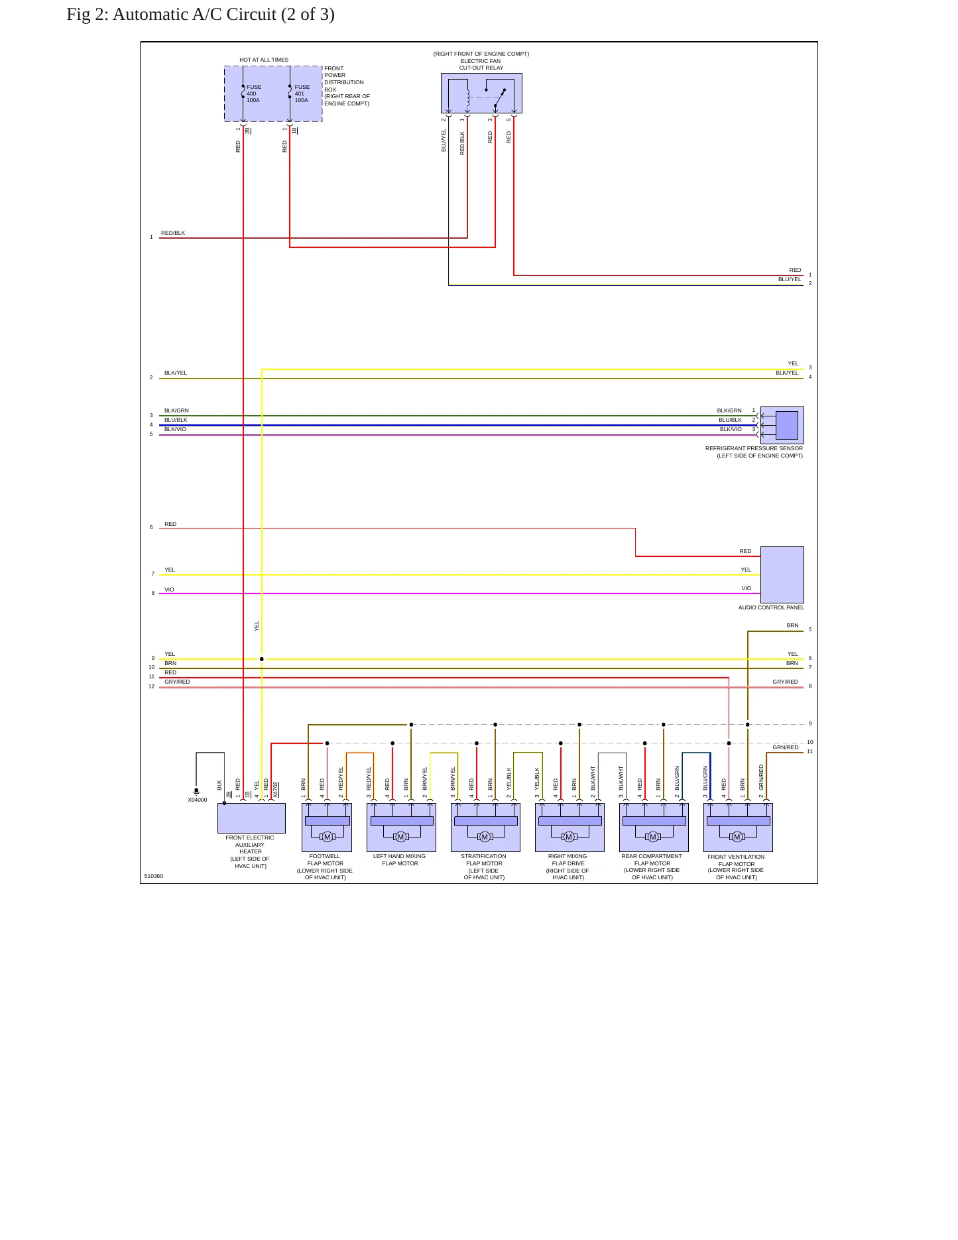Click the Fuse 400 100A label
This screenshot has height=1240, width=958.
(x=254, y=93)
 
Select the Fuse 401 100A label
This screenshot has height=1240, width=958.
(x=302, y=93)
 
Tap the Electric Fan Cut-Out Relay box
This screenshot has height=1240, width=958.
(x=481, y=93)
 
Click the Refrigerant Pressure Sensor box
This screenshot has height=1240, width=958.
(x=782, y=425)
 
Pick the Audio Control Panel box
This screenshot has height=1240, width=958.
(x=782, y=574)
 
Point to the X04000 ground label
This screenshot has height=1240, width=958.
(x=198, y=800)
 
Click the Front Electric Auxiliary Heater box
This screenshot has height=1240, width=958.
(x=251, y=818)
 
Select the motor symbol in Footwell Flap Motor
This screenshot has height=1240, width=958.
(x=327, y=837)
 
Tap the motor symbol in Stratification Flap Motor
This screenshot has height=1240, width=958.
(x=485, y=837)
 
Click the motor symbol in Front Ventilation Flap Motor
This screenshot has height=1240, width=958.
(x=737, y=837)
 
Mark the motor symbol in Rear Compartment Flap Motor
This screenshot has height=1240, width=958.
(x=653, y=837)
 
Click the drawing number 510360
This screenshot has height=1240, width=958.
(x=154, y=876)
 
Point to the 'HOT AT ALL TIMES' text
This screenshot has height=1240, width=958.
(x=264, y=60)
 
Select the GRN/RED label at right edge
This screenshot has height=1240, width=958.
(x=786, y=747)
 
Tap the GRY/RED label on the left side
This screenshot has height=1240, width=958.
(x=177, y=682)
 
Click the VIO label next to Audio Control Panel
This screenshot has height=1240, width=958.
(x=747, y=588)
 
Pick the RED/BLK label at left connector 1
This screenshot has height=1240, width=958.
(x=173, y=233)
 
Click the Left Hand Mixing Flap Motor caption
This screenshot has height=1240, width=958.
(x=400, y=859)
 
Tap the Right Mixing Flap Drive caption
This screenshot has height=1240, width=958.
(x=568, y=867)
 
